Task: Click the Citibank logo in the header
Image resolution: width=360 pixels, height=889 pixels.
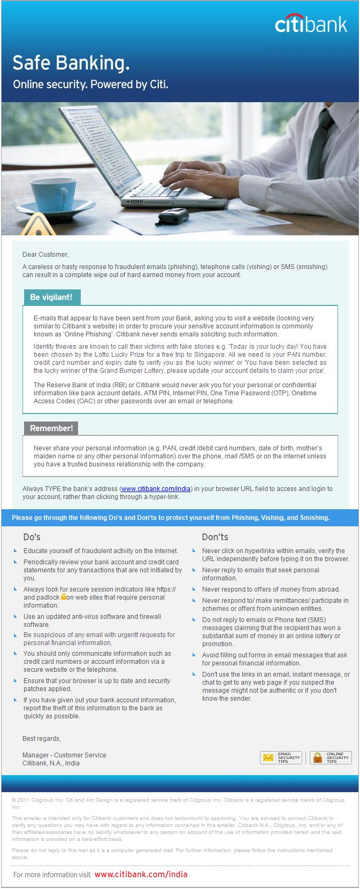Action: click(311, 24)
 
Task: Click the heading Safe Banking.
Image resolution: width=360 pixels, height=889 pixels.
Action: click(71, 63)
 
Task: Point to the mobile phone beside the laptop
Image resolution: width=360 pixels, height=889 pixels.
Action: click(174, 216)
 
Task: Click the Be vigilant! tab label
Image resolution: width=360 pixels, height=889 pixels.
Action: click(51, 297)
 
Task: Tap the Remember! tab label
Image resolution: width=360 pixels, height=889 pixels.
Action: click(51, 428)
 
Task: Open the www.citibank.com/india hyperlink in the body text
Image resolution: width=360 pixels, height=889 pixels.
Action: click(156, 488)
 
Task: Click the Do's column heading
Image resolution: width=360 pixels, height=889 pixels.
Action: click(32, 537)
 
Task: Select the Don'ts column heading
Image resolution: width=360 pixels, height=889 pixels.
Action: click(215, 537)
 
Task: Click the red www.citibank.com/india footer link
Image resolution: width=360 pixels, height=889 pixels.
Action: click(141, 874)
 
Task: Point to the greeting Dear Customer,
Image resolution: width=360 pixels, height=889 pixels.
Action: click(45, 254)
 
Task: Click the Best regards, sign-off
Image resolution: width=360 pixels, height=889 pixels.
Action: click(42, 738)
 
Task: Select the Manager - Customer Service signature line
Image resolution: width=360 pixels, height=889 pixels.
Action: click(64, 755)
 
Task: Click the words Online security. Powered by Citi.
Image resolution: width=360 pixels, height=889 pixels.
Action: click(90, 84)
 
